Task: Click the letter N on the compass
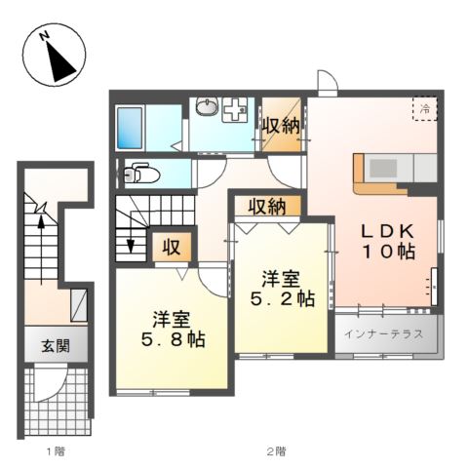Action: [45, 35]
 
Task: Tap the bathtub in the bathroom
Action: [130, 128]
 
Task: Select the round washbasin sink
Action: [207, 107]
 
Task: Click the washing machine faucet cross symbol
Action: [234, 110]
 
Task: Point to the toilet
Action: [142, 174]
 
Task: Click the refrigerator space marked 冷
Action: [425, 108]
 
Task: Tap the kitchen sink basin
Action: [383, 169]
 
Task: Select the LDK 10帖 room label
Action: [388, 241]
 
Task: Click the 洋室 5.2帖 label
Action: [282, 290]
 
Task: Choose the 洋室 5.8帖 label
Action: [173, 330]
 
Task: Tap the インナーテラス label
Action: [384, 333]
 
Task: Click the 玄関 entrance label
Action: [56, 346]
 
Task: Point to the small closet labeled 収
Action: [172, 248]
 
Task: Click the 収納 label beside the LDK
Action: [281, 126]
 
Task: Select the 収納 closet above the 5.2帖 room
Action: [267, 206]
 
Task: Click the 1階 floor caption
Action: [56, 451]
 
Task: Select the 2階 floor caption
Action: [277, 451]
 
